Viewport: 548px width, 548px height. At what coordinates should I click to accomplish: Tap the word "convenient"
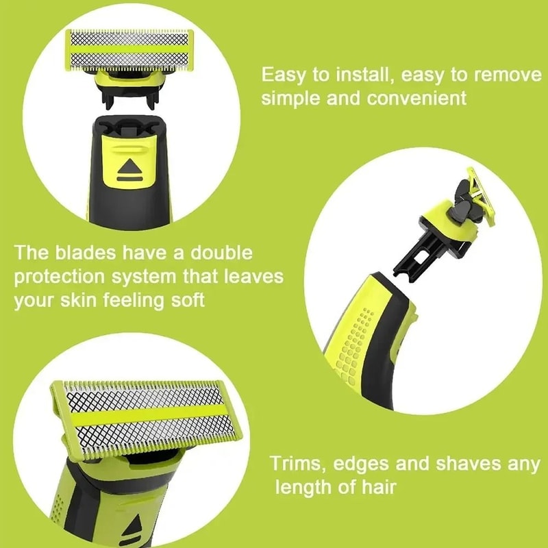pyautogui.click(x=418, y=98)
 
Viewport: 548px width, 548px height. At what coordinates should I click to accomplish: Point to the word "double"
pyautogui.click(x=219, y=253)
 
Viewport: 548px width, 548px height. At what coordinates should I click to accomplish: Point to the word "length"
pyautogui.click(x=306, y=488)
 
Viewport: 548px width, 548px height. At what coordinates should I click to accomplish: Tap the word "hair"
pyautogui.click(x=377, y=488)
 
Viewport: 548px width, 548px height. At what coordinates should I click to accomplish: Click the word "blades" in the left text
pyautogui.click(x=88, y=253)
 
